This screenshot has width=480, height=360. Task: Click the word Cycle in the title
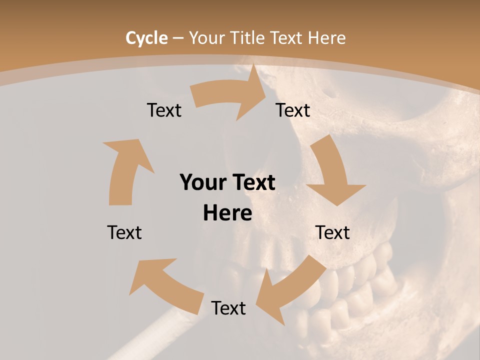[146, 38]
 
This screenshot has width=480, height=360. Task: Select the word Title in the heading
[248, 38]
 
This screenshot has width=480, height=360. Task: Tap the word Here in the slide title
[327, 38]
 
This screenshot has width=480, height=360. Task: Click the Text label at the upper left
[164, 110]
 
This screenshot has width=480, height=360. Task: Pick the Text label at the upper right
[293, 110]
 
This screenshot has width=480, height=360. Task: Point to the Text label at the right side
[332, 232]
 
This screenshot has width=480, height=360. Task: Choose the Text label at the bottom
[228, 308]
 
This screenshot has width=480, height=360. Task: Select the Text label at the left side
[124, 232]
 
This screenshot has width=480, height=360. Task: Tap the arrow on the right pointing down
[332, 175]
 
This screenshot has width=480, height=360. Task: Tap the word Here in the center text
[227, 213]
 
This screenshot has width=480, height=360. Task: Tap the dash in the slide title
[178, 38]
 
